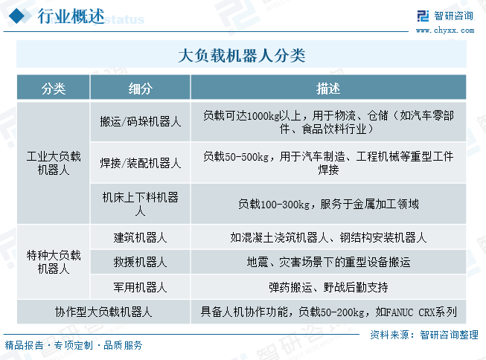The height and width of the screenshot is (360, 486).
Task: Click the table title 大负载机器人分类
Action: [x=242, y=56]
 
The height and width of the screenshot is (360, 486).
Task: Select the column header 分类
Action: [x=54, y=89]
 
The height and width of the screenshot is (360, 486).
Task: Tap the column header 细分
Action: [x=141, y=89]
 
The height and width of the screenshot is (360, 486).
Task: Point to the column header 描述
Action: [x=328, y=89]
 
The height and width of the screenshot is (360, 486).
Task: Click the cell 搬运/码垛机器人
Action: [x=141, y=121]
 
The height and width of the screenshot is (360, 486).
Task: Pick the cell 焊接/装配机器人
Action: [x=141, y=163]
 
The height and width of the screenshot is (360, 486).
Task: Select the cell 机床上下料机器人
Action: [x=141, y=204]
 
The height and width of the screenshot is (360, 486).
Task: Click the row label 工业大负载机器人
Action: [x=54, y=163]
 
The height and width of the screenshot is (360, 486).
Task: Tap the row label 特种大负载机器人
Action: [x=54, y=262]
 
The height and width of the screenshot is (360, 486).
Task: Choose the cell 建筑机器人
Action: [x=141, y=237]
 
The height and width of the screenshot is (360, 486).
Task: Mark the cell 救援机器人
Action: [x=141, y=262]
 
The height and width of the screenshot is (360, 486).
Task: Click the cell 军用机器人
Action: [x=141, y=287]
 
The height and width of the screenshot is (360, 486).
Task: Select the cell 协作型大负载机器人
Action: [x=103, y=312]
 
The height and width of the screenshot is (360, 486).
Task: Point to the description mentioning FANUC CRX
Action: [x=328, y=312]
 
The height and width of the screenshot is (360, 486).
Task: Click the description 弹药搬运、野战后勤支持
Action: [x=328, y=287]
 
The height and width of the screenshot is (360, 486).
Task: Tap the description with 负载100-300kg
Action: [x=328, y=204]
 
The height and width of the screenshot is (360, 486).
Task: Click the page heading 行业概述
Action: [x=71, y=16]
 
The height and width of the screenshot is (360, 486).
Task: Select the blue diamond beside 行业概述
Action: [x=17, y=16]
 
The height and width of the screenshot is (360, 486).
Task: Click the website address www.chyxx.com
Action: [x=445, y=30]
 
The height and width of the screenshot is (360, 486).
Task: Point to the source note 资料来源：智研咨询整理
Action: [x=424, y=335]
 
